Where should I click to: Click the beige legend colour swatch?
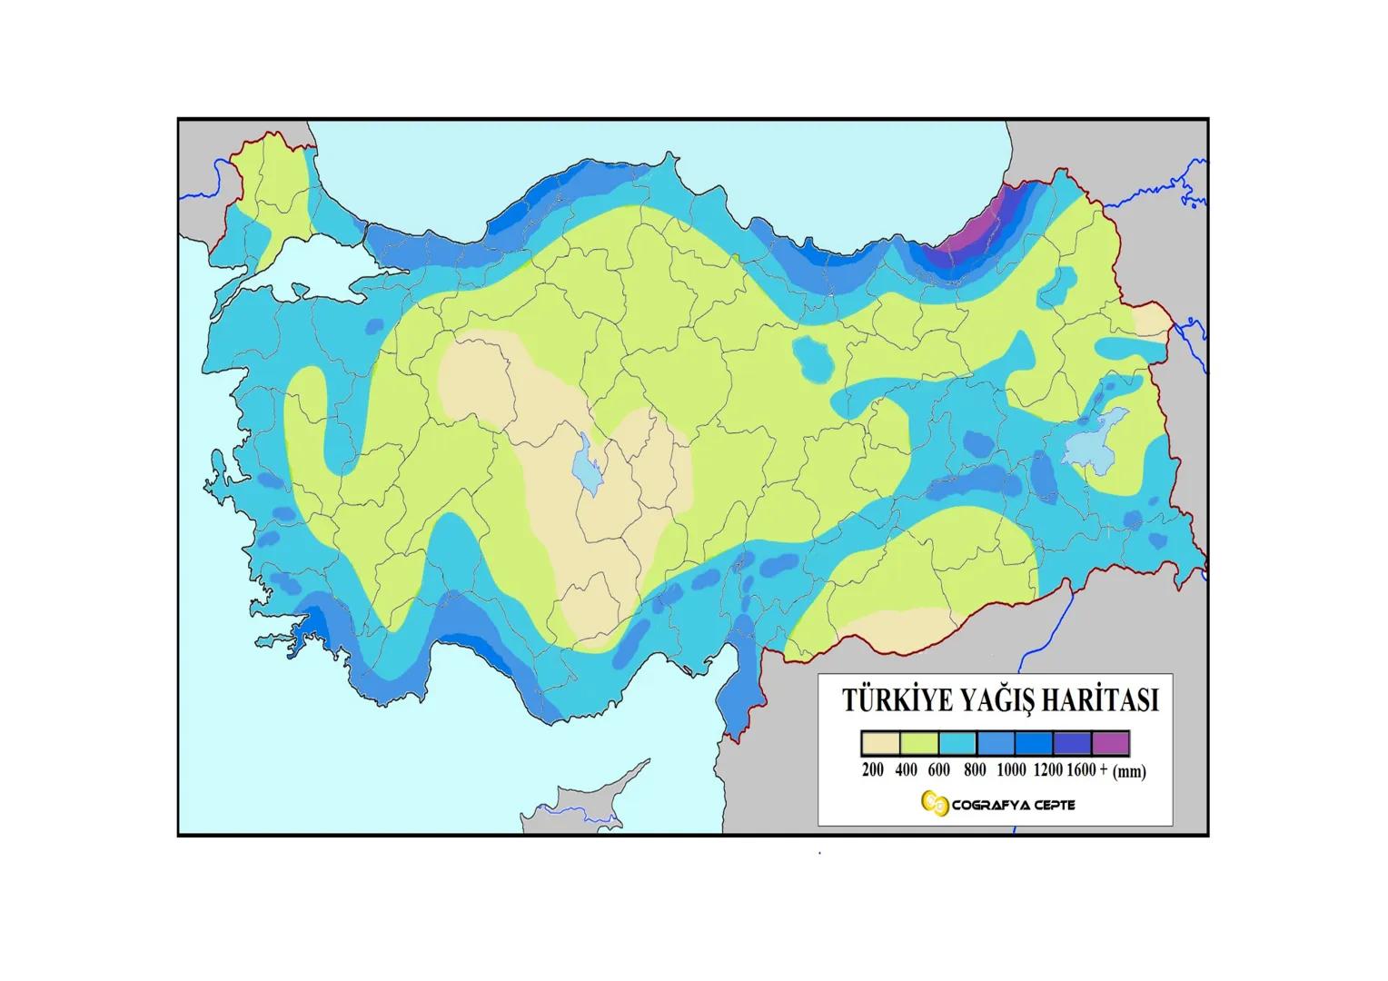point(880,744)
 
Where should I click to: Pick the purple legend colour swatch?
point(1111,744)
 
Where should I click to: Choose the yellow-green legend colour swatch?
point(918,744)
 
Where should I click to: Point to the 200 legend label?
point(872,770)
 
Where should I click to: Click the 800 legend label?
point(975,770)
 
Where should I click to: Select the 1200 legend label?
point(1047,770)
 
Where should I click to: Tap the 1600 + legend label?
point(1086,770)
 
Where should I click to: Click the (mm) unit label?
point(1129,772)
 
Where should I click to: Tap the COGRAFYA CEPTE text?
point(1013,805)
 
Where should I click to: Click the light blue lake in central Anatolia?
point(586,463)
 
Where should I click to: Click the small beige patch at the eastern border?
point(1153,321)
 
